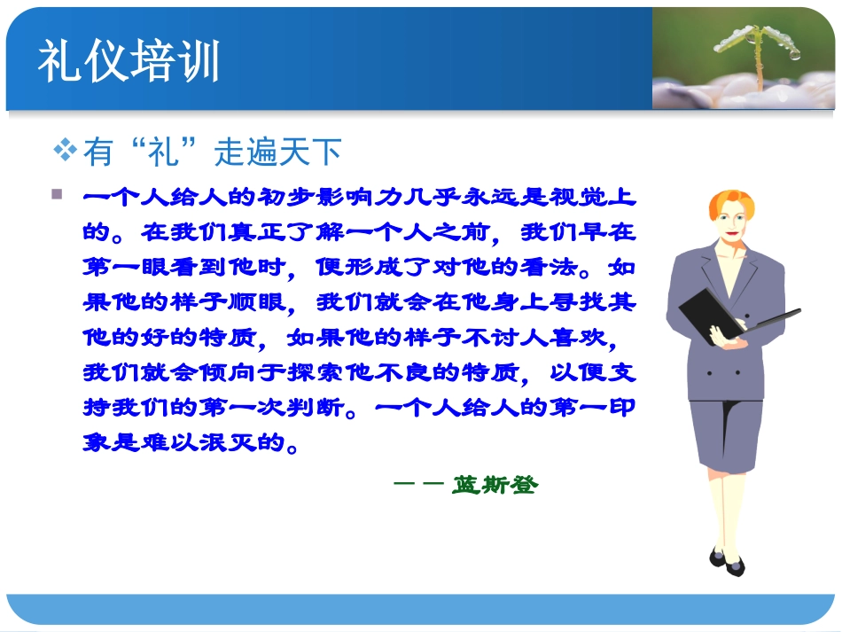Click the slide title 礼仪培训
click(129, 62)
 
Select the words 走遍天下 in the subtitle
click(277, 152)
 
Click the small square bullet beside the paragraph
click(58, 194)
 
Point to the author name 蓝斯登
click(495, 485)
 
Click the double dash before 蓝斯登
click(417, 485)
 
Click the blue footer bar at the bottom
click(421, 608)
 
